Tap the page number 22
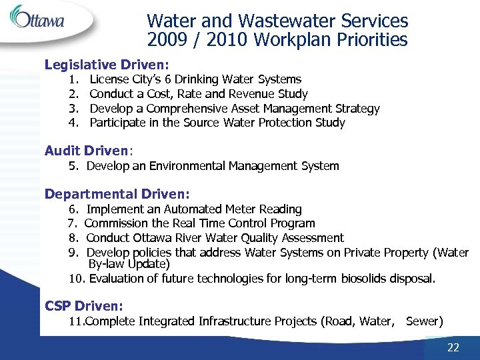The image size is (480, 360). click(453, 347)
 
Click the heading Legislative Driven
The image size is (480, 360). click(107, 65)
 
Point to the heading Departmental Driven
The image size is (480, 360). click(117, 195)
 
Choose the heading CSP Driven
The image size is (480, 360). click(84, 306)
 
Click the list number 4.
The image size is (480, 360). click(73, 123)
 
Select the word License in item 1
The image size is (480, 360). click(110, 79)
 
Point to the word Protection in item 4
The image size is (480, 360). click(284, 123)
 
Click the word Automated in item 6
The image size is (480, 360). click(194, 209)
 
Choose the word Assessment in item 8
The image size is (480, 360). click(313, 238)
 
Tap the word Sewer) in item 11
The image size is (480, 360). click(424, 321)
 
